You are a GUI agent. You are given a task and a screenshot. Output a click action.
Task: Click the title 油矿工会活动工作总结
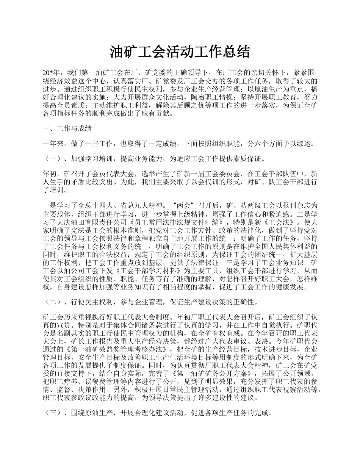[180, 52]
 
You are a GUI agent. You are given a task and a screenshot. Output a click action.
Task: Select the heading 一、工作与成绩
[67, 128]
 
